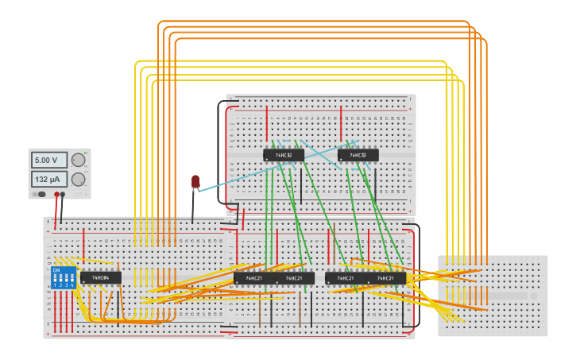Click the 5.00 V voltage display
pyautogui.click(x=49, y=160)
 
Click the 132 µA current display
pyautogui.click(x=49, y=179)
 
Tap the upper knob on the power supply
pyautogui.click(x=78, y=161)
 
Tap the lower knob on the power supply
pyautogui.click(x=78, y=179)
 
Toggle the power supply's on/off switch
pyautogui.click(x=38, y=194)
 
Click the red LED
pyautogui.click(x=195, y=182)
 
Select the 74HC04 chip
pyautogui.click(x=101, y=278)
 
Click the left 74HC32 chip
pyautogui.click(x=284, y=155)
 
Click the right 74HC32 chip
pyautogui.click(x=358, y=155)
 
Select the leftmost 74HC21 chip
pyautogui.click(x=253, y=278)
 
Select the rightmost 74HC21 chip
pyautogui.click(x=385, y=278)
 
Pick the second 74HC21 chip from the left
pyautogui.click(x=294, y=278)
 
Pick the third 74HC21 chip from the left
pyautogui.click(x=345, y=278)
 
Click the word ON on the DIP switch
pyautogui.click(x=56, y=270)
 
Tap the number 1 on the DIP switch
pyautogui.click(x=55, y=285)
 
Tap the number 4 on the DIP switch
pyautogui.click(x=72, y=285)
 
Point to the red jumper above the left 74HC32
pyautogui.click(x=267, y=123)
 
